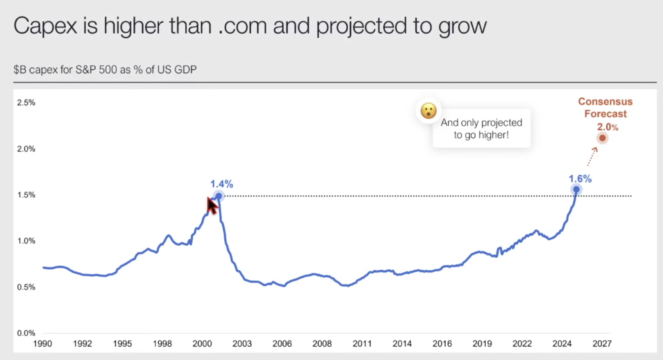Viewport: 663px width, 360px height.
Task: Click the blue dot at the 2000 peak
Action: [x=219, y=196]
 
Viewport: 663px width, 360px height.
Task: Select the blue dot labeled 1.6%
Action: [x=576, y=190]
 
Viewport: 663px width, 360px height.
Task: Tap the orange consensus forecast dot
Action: [x=602, y=138]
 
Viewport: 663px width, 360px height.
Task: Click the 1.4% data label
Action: [x=221, y=184]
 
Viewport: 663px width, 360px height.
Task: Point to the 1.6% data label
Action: [x=580, y=179]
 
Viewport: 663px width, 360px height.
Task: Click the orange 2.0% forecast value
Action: [x=607, y=127]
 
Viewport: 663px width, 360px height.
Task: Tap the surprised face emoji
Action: [x=428, y=111]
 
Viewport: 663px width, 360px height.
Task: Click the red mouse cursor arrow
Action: [x=212, y=205]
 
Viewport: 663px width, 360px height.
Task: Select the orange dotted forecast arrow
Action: [x=592, y=156]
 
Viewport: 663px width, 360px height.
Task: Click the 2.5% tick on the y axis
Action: [x=26, y=103]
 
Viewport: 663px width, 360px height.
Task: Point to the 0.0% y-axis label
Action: [x=26, y=333]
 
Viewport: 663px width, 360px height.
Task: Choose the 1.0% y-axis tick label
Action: [x=26, y=241]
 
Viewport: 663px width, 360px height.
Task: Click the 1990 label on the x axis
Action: [x=42, y=344]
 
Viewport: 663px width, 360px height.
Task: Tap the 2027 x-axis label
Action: [x=602, y=344]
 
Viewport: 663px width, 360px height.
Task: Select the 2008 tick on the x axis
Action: [x=322, y=344]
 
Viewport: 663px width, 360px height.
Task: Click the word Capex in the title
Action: [x=45, y=26]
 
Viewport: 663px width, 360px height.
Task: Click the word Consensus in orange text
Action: [x=605, y=101]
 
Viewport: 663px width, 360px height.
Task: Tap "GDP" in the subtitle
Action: [x=185, y=69]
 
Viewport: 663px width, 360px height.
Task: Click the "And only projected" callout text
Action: [x=481, y=123]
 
